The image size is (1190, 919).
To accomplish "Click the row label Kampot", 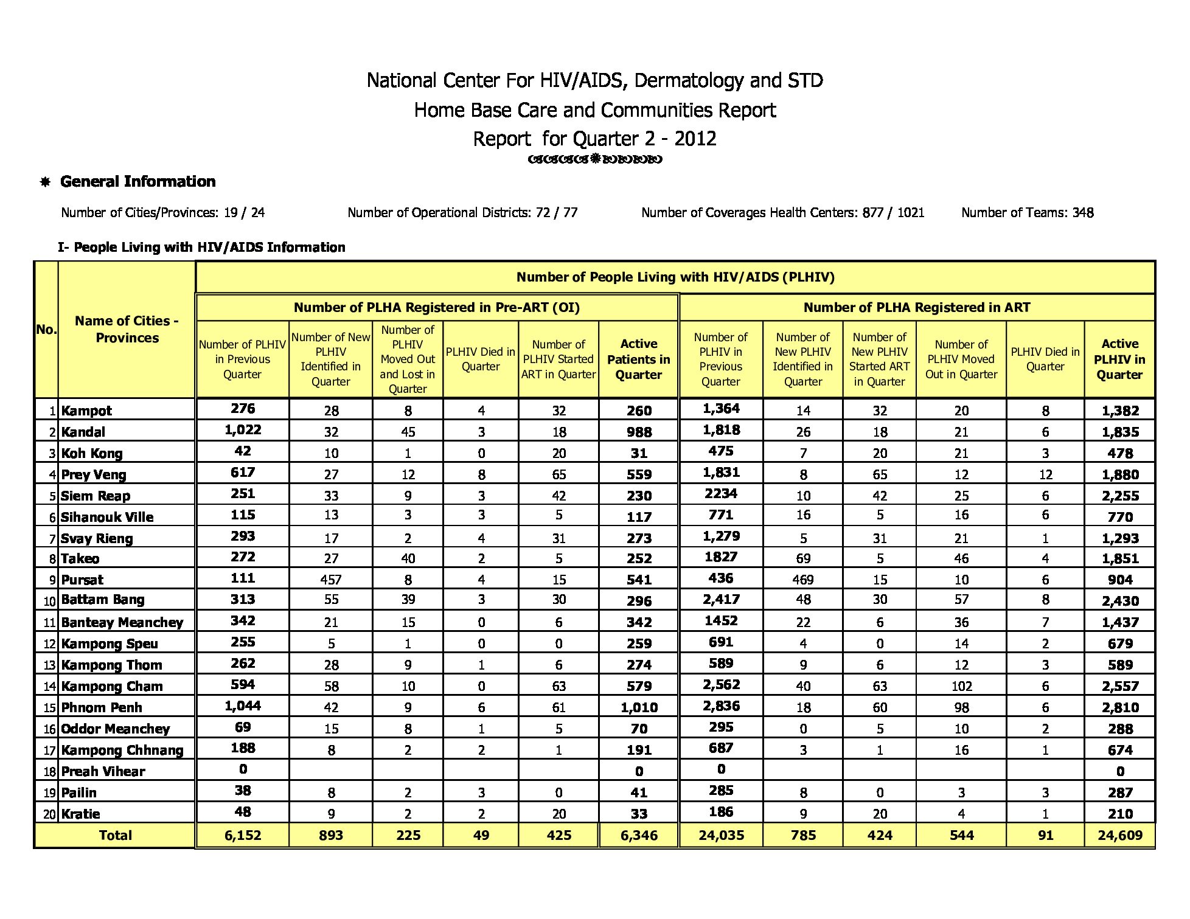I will point(86,411).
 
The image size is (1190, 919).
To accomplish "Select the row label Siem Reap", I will point(96,496).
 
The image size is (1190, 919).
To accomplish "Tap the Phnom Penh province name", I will point(102,707).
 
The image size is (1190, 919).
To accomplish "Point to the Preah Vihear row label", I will point(103,771).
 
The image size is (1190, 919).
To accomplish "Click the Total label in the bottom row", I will point(115,835).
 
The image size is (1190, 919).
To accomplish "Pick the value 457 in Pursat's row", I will point(331,580).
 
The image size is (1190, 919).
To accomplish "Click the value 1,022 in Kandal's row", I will point(243,430).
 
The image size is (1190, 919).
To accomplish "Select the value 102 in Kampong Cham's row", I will point(961,686).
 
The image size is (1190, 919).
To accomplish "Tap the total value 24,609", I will point(1120,835).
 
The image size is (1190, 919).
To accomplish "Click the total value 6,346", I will point(639,835).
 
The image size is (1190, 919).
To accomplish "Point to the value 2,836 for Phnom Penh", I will point(721,706).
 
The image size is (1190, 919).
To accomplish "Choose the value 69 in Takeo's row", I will point(803,558).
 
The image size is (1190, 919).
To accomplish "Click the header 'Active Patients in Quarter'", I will point(639,359).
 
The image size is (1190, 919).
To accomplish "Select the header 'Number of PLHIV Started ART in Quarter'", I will point(558,359).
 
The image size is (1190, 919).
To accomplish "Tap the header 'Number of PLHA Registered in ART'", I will point(917,307).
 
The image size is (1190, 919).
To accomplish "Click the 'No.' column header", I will point(46,330).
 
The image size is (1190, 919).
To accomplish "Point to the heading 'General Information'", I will point(138,181).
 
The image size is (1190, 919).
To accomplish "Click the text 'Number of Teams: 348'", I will point(1027,213).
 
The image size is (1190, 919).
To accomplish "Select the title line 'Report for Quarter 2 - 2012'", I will point(595,139).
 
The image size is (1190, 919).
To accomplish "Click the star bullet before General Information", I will point(45,182).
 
